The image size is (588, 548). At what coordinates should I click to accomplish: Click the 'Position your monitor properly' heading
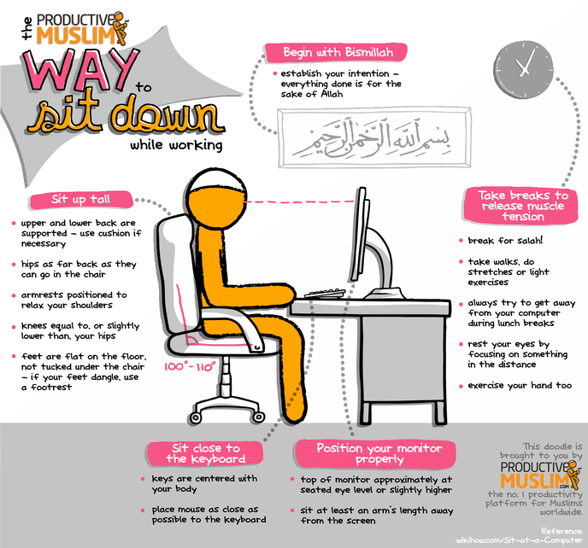click(367, 453)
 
